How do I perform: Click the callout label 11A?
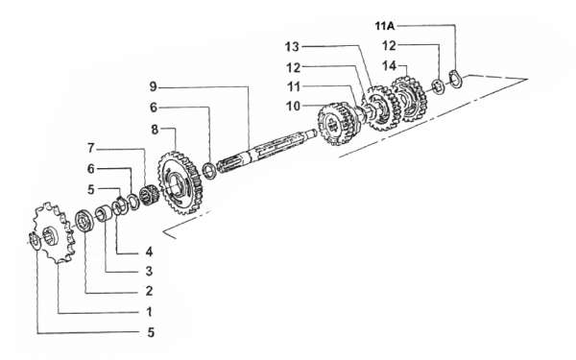coord(385,26)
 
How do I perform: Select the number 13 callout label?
coord(293,47)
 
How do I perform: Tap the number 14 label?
coord(390,66)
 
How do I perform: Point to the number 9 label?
coord(154,87)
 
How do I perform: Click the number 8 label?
coord(155,130)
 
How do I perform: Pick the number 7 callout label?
coord(91,148)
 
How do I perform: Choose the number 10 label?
coord(293,107)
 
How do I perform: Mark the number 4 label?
coord(149,252)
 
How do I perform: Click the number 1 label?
coord(149,312)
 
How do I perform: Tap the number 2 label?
coord(149,291)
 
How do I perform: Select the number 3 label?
coord(149,272)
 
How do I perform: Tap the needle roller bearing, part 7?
coord(149,196)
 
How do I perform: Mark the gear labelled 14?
coord(409,99)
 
